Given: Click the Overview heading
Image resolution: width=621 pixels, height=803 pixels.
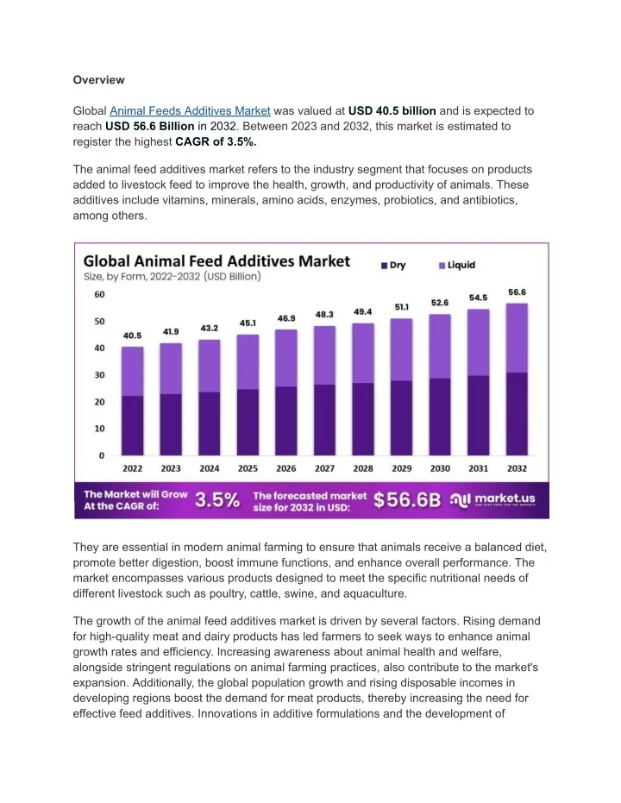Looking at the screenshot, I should click(98, 79).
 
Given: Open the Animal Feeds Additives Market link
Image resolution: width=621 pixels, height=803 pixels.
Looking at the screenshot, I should click(191, 111).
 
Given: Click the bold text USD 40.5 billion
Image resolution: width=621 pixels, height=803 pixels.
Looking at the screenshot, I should click(392, 111).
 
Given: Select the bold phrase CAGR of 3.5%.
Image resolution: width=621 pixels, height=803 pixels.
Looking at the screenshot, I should click(216, 141).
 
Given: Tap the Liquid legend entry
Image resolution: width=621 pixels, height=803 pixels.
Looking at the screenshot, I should click(456, 265).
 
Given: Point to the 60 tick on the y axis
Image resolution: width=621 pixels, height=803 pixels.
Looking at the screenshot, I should click(99, 295).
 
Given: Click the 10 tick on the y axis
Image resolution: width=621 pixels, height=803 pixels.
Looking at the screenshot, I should click(99, 429).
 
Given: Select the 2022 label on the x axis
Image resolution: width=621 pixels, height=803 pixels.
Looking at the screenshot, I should click(132, 468).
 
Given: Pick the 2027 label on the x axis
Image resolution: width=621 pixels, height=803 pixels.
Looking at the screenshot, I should click(325, 468).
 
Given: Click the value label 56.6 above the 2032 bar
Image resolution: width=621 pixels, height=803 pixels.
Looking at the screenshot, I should click(517, 292).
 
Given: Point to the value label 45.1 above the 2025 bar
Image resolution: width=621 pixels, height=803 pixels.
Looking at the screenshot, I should click(248, 323).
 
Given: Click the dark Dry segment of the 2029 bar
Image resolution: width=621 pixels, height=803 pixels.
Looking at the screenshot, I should click(402, 417).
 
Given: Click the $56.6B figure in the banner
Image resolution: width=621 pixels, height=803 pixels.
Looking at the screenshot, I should click(407, 500).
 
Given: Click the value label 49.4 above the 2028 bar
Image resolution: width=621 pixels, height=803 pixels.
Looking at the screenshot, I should click(363, 311).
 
